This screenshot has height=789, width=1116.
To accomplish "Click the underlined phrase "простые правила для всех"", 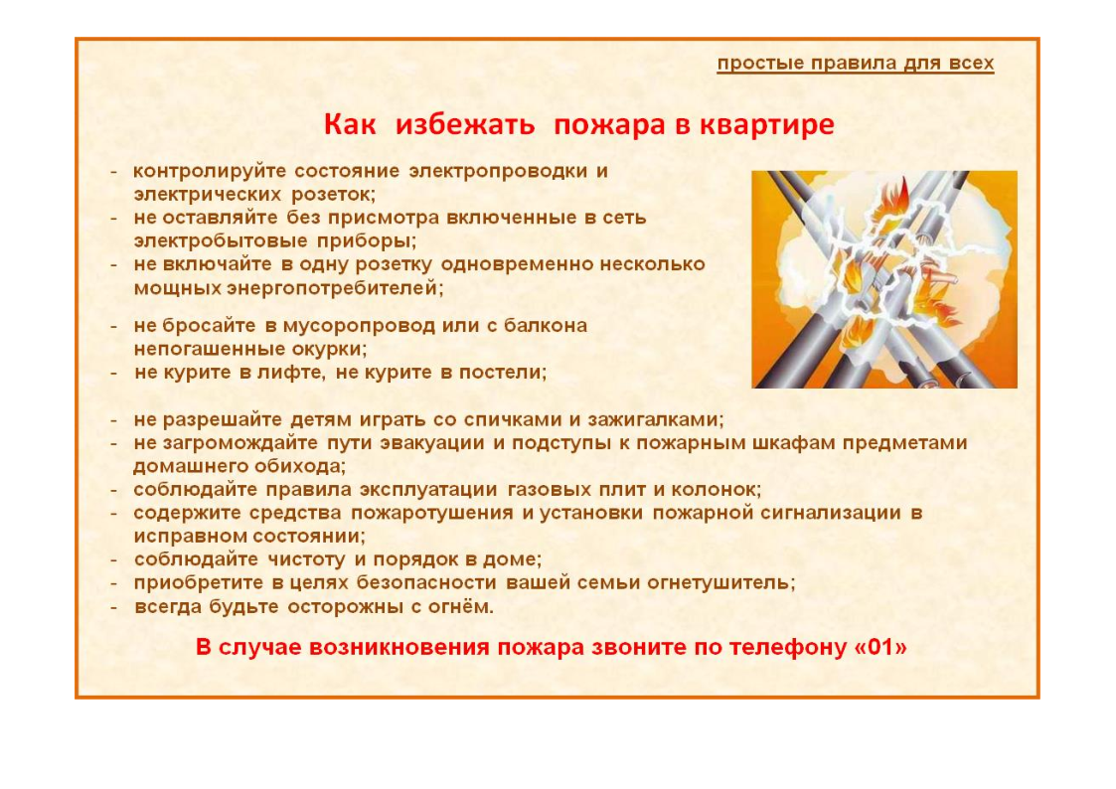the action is click(855, 64).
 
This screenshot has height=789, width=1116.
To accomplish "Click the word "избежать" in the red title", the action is click(465, 124).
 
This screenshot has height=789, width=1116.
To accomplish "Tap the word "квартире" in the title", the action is click(767, 124).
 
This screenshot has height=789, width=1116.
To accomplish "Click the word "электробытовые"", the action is click(221, 240).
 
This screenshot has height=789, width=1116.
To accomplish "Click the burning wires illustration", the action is click(884, 279).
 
